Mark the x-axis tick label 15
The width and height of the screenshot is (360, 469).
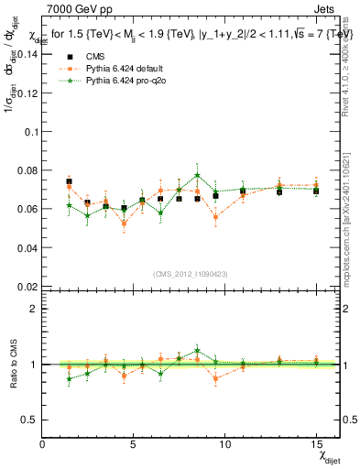tap(316, 443)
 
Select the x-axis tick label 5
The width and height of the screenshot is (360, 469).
tap(134, 443)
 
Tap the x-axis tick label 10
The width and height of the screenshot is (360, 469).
tap(224, 443)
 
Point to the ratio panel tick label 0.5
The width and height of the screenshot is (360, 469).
tap(28, 420)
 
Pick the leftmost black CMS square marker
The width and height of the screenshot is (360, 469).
tap(69, 181)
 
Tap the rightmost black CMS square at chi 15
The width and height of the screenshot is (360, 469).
tap(316, 191)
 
